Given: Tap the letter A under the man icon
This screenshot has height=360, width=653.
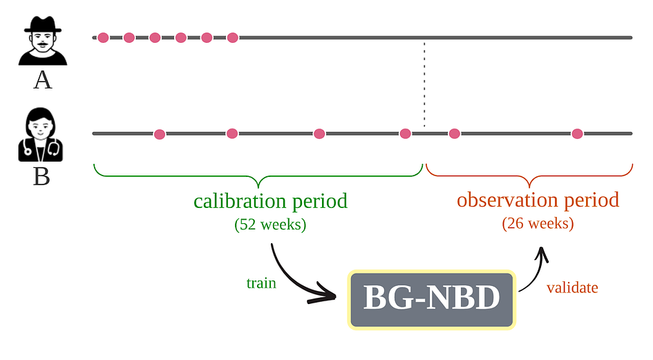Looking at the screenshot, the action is [x=42, y=79].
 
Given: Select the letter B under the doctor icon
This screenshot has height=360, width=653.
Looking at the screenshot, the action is [x=41, y=176].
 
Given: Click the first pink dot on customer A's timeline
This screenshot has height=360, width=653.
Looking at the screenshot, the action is [x=103, y=38].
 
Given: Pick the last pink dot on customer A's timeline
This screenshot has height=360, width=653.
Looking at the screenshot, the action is [x=233, y=38].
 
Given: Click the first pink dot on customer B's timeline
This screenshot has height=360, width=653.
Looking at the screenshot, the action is [x=160, y=134].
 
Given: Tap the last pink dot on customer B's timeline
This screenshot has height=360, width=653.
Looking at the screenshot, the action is [x=577, y=134].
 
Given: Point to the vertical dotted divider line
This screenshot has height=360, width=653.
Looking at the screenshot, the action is [x=424, y=84].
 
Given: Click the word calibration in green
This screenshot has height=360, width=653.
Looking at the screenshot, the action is [x=240, y=201].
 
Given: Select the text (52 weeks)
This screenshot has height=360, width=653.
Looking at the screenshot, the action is [x=270, y=225].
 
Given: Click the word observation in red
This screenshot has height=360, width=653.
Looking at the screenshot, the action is [x=507, y=200].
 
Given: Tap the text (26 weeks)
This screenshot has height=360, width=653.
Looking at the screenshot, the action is [x=538, y=223].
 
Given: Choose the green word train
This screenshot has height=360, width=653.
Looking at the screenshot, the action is [x=261, y=283].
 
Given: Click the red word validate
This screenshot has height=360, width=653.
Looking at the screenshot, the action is [x=572, y=287].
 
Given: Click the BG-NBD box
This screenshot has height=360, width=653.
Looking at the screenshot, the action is [x=432, y=300].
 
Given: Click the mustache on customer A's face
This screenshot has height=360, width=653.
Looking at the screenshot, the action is [x=42, y=44].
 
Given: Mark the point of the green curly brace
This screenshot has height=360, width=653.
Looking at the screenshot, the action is [x=258, y=187].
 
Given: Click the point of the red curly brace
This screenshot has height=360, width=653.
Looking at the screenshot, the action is [x=529, y=186].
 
